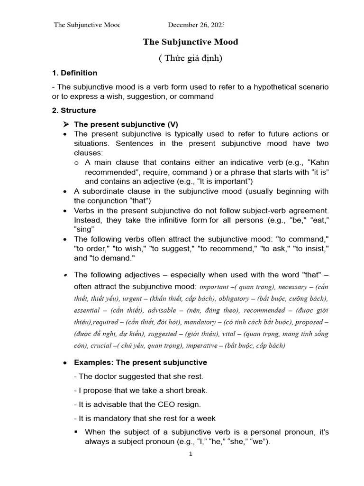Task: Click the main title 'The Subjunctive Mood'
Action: click(191, 42)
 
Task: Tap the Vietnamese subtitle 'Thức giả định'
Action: click(190, 58)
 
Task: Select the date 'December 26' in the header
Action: click(190, 25)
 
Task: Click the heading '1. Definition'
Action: click(74, 73)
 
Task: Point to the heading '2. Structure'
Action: click(73, 110)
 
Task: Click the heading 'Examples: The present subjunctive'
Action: click(140, 362)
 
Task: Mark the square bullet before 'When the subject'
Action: click(77, 432)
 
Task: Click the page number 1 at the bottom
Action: click(191, 453)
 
